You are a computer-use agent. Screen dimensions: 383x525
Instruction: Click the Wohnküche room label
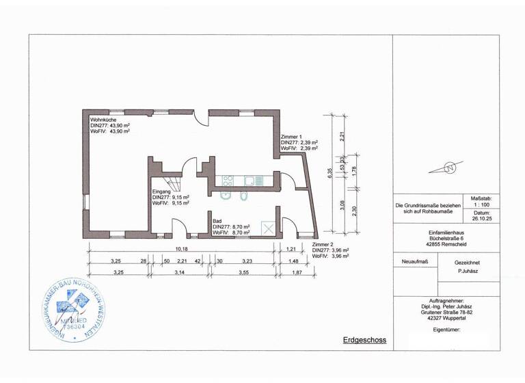coord(103,120)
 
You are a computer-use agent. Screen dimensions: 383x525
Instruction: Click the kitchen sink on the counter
coord(252,181)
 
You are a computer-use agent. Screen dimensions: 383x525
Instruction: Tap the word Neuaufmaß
coord(410,262)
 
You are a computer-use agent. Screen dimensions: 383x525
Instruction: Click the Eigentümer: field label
coord(446,329)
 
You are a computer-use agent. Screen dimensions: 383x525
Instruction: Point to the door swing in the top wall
coord(200,118)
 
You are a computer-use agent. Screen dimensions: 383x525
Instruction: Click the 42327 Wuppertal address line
coord(446,317)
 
